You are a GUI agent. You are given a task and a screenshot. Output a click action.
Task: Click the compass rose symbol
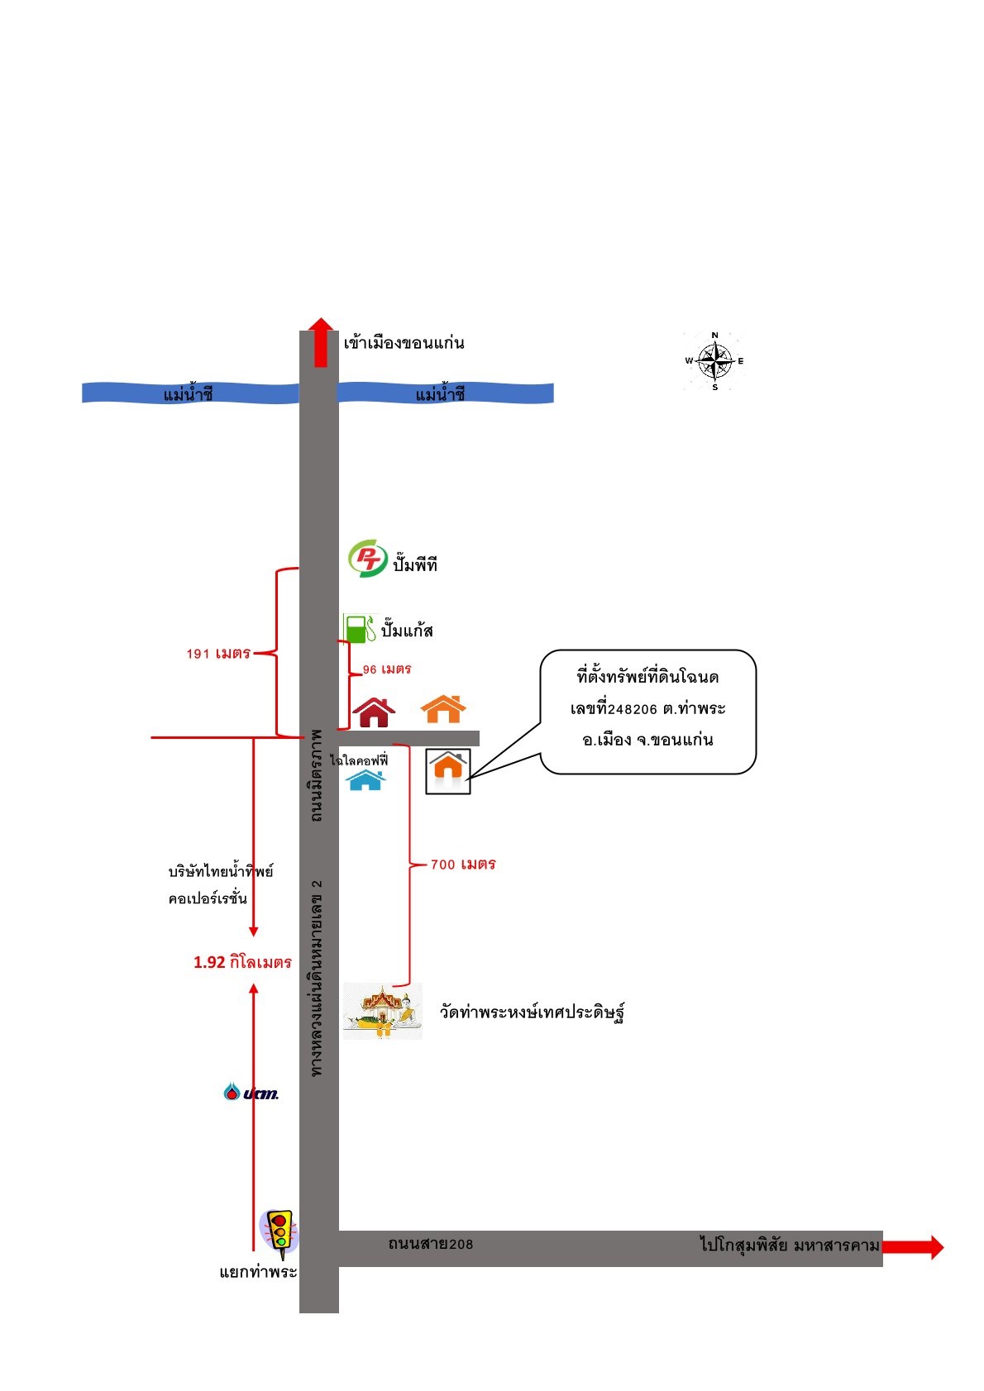[714, 361]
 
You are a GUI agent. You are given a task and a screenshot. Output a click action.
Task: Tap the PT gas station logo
[367, 558]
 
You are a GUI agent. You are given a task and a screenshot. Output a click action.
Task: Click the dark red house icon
[374, 712]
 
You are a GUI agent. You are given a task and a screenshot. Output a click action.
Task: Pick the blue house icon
[365, 780]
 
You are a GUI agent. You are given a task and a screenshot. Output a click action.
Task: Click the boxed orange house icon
[448, 771]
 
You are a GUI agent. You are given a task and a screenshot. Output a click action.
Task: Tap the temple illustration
[383, 1011]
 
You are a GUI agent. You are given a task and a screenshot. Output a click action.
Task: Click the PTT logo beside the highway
[251, 1093]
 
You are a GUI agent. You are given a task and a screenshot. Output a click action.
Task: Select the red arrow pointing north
[321, 342]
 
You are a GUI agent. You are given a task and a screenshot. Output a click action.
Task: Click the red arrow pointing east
[913, 1247]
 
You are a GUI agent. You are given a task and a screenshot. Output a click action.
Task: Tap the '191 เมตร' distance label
[218, 653]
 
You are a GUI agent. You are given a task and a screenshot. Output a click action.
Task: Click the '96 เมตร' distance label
[387, 669]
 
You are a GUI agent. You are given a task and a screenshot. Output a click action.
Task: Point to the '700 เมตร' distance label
[463, 865]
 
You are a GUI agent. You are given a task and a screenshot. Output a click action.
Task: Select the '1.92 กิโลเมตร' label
[242, 963]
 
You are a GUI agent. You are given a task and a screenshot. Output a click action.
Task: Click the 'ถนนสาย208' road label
[431, 1244]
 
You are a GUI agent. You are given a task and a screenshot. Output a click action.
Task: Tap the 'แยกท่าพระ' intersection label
[259, 1272]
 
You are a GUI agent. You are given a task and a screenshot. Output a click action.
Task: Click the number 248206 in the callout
[632, 709]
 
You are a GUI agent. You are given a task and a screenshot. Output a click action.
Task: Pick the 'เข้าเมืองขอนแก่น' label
[404, 343]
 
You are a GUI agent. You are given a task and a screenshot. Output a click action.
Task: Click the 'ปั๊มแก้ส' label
[407, 631]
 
